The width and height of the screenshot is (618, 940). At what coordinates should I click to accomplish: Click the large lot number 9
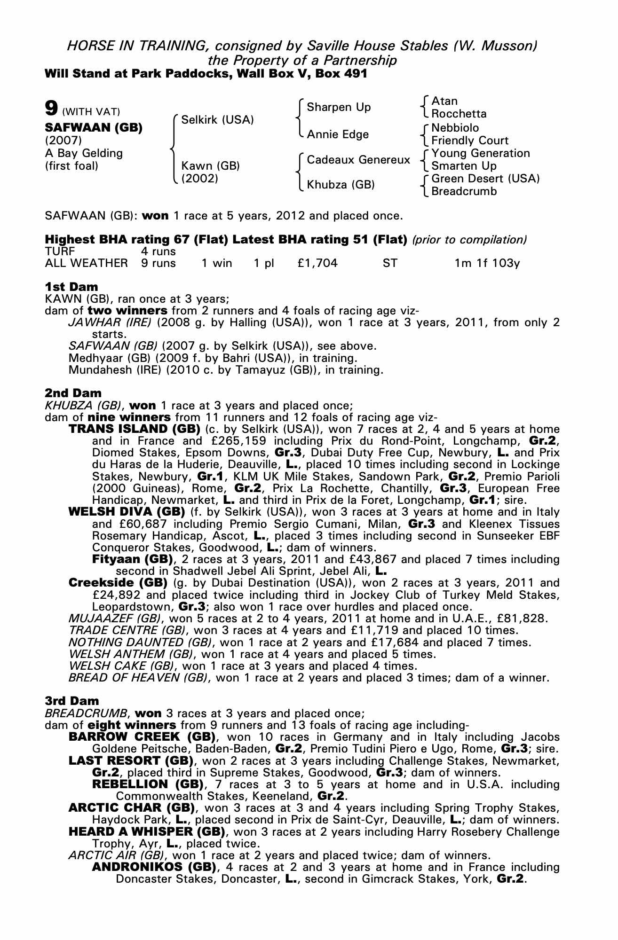[51, 109]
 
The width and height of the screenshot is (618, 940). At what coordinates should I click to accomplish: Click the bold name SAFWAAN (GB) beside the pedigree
[94, 128]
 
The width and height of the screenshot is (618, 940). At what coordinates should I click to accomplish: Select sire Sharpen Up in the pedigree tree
[339, 107]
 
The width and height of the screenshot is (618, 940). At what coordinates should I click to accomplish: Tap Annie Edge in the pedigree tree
[338, 134]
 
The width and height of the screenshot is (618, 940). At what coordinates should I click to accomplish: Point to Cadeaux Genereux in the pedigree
[358, 160]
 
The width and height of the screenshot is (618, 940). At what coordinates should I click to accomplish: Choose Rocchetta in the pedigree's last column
[459, 114]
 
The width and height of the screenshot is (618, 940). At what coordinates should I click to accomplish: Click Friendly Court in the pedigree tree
[469, 141]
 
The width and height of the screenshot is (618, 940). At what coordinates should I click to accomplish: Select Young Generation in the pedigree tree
[480, 153]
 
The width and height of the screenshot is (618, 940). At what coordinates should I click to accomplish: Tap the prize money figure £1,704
[317, 263]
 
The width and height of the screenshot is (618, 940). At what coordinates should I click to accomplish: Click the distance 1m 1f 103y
[487, 263]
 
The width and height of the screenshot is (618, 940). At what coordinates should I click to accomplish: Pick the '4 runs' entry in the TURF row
[158, 251]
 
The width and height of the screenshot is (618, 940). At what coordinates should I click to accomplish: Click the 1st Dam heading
[71, 287]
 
